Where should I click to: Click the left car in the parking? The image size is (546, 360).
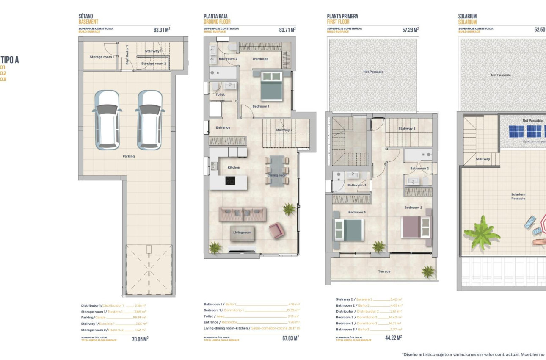107,120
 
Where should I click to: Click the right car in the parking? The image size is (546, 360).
149,120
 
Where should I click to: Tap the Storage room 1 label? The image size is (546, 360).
102,57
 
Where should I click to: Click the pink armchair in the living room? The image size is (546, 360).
276,230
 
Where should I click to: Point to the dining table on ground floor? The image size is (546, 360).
277,170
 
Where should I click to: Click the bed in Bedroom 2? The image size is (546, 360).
416,227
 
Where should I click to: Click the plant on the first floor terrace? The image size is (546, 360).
428,271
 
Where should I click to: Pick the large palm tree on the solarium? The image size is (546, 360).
482,233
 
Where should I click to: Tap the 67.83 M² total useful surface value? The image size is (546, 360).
290,338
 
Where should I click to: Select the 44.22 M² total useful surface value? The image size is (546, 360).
393,338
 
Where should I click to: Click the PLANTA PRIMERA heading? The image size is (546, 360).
342,16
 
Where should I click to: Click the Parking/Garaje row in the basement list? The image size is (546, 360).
113,317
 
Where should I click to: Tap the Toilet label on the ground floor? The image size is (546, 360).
220,95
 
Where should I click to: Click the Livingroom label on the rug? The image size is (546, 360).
242,233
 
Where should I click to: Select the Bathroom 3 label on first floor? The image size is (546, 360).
357,185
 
